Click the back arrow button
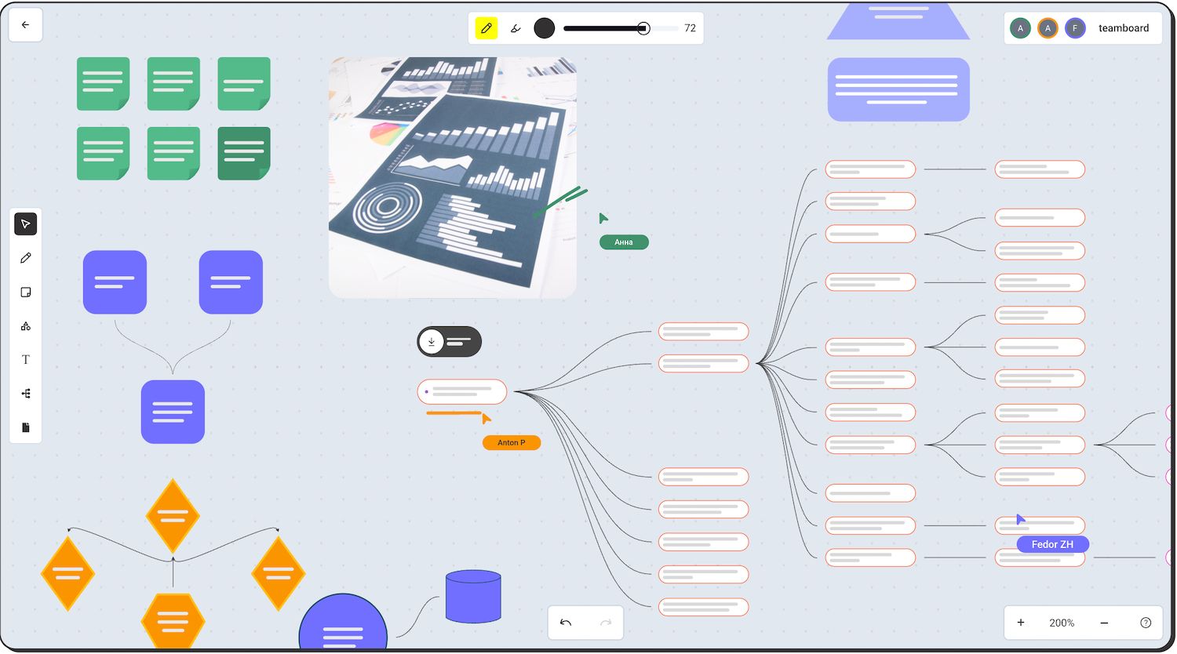pos(25,24)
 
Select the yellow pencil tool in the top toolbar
pos(486,28)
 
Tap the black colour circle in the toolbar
pos(544,28)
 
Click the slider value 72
pos(690,28)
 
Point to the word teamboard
pos(1124,28)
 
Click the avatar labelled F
pos(1075,28)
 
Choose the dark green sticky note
pos(244,154)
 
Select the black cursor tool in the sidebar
pos(25,224)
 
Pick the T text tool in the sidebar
pos(25,359)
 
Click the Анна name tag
pos(624,242)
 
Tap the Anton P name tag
pos(512,442)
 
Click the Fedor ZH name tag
pos(1052,544)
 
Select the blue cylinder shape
pos(473,596)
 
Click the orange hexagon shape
pos(173,622)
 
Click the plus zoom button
pos(1020,623)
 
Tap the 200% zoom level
pos(1062,623)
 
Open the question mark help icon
pos(1146,623)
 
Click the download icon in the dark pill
pos(432,341)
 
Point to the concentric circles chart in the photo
pos(388,207)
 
